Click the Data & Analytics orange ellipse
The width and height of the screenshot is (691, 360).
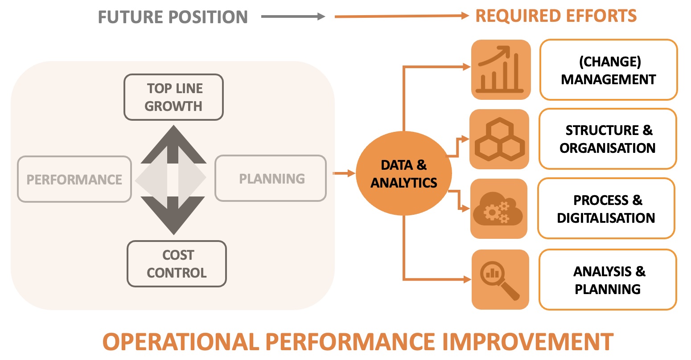click(404, 173)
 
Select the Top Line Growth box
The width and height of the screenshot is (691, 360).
click(173, 97)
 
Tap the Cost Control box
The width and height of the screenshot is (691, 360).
click(177, 264)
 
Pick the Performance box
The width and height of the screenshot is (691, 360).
click(74, 179)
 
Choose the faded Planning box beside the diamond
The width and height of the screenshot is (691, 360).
click(271, 178)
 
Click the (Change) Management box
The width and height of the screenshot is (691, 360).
click(609, 70)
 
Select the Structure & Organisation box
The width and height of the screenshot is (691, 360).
click(608, 139)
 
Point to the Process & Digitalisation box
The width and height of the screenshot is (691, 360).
click(606, 209)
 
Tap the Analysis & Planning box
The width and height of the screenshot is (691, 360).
click(608, 280)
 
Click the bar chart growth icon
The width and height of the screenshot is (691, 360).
click(501, 70)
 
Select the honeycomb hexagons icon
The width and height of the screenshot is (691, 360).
click(499, 139)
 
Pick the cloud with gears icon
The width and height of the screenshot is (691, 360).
click(498, 209)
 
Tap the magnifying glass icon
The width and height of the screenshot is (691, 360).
click(500, 279)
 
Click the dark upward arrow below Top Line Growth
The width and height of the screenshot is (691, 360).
click(173, 145)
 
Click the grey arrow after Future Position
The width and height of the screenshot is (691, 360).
click(293, 17)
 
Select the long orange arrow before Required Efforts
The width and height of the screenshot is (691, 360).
click(401, 16)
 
